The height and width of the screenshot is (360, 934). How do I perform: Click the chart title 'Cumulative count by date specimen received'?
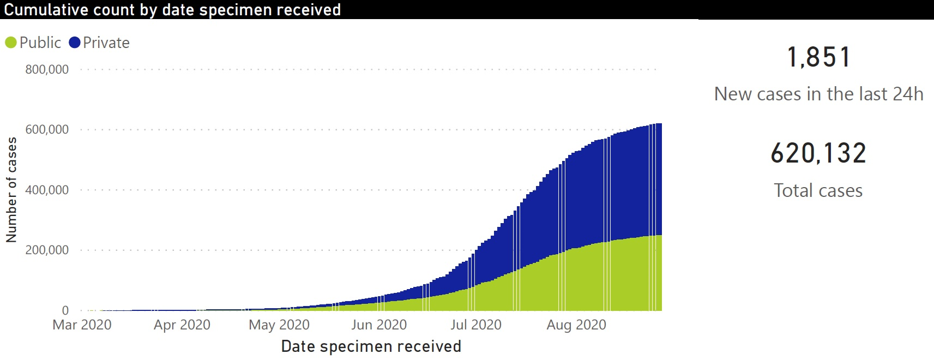(172, 10)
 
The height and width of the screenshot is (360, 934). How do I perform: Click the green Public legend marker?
(11, 43)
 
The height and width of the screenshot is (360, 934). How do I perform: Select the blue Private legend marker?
(75, 43)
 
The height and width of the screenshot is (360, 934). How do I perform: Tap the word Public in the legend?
(40, 43)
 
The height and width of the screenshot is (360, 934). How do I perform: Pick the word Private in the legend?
(106, 43)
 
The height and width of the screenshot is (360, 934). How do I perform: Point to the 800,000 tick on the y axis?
(47, 70)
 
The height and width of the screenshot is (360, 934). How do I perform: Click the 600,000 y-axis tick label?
(47, 130)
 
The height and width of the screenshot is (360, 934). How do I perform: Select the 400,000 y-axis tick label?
(47, 190)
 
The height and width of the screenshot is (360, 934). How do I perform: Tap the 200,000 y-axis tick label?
(47, 250)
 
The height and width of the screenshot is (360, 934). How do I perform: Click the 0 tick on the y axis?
(65, 310)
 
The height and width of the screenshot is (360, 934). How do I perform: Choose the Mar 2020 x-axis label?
(82, 325)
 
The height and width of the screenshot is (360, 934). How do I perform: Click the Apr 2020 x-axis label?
(182, 325)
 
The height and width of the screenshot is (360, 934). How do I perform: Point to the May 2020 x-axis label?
(279, 325)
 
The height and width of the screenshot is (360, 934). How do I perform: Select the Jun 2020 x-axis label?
(379, 325)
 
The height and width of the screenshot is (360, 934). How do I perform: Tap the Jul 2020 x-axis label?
(476, 325)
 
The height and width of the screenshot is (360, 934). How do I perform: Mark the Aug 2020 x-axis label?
(576, 325)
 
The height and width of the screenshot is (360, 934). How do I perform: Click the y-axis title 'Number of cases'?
(11, 190)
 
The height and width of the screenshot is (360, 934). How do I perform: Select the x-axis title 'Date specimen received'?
(371, 346)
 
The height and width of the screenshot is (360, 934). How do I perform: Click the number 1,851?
(818, 57)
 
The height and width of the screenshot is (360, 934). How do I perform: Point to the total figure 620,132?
(818, 153)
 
